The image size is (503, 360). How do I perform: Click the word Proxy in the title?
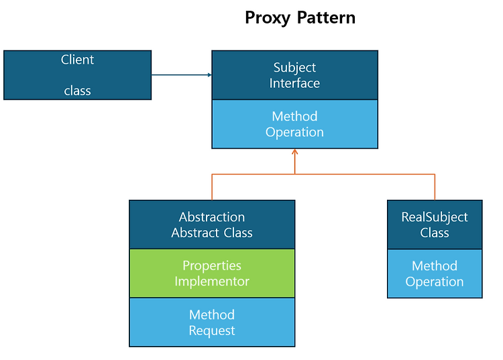click(268, 18)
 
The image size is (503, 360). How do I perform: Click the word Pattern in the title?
click(326, 17)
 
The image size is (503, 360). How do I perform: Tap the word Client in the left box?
click(77, 60)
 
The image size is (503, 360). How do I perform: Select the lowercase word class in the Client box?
click(77, 91)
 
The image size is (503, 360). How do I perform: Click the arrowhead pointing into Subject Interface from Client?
click(210, 75)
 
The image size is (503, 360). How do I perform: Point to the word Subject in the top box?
click(294, 68)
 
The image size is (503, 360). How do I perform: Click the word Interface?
click(294, 83)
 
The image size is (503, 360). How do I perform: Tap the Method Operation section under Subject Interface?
click(294, 124)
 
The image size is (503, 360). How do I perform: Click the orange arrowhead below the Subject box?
click(295, 152)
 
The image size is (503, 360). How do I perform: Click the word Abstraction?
click(212, 217)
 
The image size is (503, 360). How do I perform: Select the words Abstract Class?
click(212, 233)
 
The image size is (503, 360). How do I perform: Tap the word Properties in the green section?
click(212, 266)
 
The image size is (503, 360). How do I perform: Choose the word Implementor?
click(212, 282)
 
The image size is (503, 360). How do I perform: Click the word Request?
click(212, 331)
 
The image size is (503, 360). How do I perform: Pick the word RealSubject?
click(435, 218)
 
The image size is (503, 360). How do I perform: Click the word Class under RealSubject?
click(435, 233)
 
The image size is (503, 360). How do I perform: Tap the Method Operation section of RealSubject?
click(435, 274)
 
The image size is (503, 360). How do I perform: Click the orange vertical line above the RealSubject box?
click(435, 187)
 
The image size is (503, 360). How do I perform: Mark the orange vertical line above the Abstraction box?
click(212, 187)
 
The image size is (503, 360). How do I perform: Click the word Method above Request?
click(212, 315)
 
